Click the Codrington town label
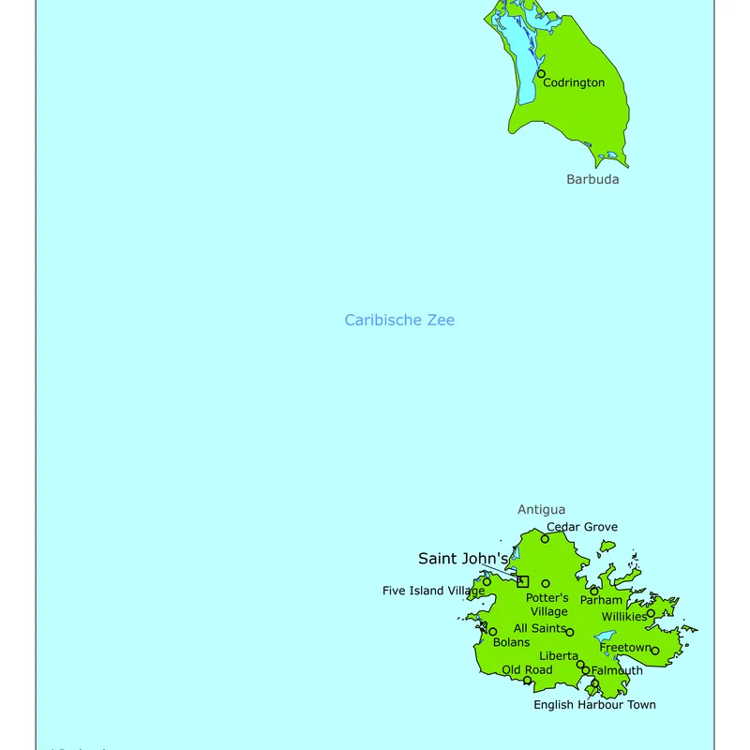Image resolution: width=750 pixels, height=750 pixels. [574, 82]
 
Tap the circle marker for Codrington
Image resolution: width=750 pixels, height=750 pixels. [541, 73]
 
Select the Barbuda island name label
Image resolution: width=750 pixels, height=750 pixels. [592, 179]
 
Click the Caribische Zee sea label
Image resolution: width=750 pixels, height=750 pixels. [399, 320]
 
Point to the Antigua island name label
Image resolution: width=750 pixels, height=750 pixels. [542, 510]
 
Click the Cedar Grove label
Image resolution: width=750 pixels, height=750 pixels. [582, 527]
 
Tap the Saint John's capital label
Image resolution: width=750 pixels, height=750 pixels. [463, 559]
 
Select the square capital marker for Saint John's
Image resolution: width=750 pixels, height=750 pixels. [523, 581]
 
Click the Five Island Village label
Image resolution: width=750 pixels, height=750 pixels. [434, 591]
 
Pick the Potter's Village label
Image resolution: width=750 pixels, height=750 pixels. [547, 605]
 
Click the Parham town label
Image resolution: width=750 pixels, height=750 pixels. [601, 600]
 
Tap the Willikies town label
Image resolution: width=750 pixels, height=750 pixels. [624, 617]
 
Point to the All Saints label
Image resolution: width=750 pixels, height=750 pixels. [540, 628]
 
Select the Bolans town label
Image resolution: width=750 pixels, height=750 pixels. [512, 642]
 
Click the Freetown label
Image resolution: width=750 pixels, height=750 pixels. [625, 648]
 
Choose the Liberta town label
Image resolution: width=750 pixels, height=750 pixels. [559, 656]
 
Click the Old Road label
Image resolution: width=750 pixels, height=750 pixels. [527, 670]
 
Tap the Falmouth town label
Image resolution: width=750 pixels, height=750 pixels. [618, 670]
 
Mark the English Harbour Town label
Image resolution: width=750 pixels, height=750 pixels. [594, 705]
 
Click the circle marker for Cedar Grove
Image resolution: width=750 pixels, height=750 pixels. [545, 538]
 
